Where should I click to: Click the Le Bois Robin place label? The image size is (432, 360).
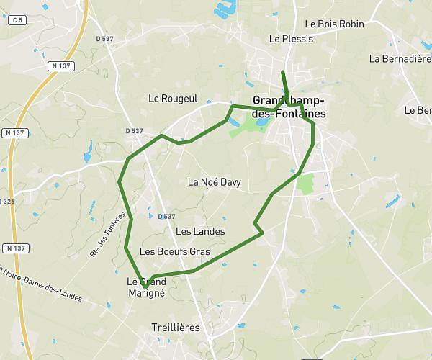(x=334, y=24)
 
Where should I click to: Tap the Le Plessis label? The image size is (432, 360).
(x=291, y=39)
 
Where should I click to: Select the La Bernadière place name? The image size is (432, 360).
(x=400, y=58)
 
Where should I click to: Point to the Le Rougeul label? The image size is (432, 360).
(x=173, y=98)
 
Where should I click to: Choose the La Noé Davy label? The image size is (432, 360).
(x=214, y=182)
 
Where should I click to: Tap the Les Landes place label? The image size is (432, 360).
(x=200, y=231)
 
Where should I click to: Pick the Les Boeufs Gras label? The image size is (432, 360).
(x=174, y=251)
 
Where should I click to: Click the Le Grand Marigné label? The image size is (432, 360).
(x=146, y=287)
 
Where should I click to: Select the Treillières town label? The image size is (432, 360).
(x=176, y=327)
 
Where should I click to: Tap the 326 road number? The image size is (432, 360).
(x=7, y=202)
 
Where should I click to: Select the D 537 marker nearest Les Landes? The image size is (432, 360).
(x=166, y=217)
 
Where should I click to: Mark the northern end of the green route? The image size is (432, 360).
(x=283, y=72)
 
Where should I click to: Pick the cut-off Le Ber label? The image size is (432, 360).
(x=418, y=110)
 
